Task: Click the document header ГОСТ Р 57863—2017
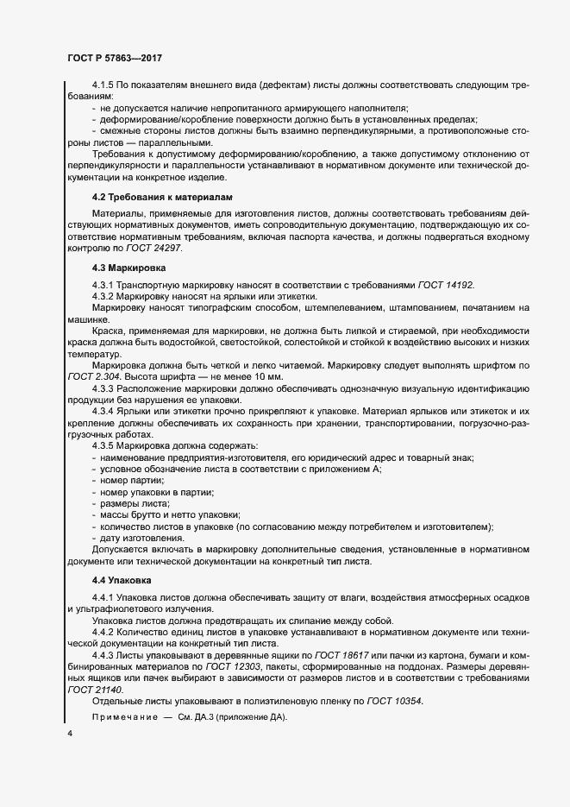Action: [x=115, y=59]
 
